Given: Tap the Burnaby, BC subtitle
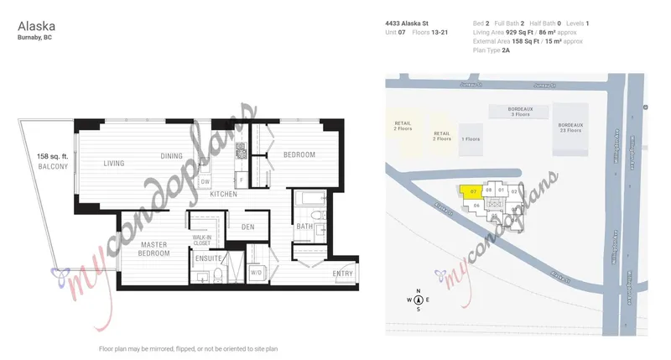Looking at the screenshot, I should click(34, 38).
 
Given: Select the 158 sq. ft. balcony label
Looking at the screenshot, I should click(52, 161).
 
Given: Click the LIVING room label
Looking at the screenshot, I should click(115, 164).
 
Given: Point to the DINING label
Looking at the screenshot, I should click(172, 155).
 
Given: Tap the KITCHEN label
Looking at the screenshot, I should click(224, 194).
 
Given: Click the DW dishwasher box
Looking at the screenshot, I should click(205, 181).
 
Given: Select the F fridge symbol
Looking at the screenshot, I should click(241, 180).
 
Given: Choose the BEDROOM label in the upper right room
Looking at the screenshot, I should click(299, 155).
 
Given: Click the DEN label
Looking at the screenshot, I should click(247, 227).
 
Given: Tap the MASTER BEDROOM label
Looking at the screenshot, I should click(153, 249).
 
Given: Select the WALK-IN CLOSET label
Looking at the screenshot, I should click(202, 242).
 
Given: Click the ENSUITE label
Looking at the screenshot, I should click(208, 259).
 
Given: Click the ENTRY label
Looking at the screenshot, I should click(342, 274).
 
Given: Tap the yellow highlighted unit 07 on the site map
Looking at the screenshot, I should click(472, 190).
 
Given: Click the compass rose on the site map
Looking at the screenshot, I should click(418, 300).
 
